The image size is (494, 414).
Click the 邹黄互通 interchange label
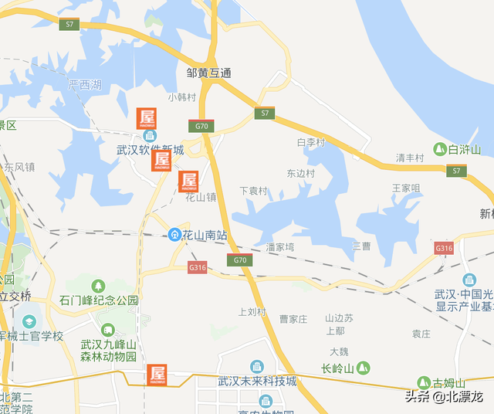pyautogui.click(x=209, y=73)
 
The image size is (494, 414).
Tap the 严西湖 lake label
pyautogui.click(x=84, y=86)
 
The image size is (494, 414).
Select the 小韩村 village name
pyautogui.click(x=182, y=97)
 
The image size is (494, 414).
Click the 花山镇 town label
pyautogui.click(x=201, y=197)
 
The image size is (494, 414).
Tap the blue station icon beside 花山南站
pyautogui.click(x=175, y=234)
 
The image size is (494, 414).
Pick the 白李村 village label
pyautogui.click(x=312, y=143)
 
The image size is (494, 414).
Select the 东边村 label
pyautogui.click(x=301, y=174)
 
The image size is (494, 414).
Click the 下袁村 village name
pyautogui.click(x=253, y=191)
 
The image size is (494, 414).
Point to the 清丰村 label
pyautogui.click(x=410, y=158)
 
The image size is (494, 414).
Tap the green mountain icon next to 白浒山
pyautogui.click(x=439, y=149)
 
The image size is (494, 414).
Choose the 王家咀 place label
pyautogui.click(x=406, y=188)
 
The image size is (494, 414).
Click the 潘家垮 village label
pyautogui.click(x=280, y=247)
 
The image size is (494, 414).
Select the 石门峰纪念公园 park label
pyautogui.click(x=99, y=300)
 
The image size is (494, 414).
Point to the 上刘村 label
pyautogui.click(x=252, y=313)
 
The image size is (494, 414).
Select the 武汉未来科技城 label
pyautogui.click(x=257, y=382)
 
